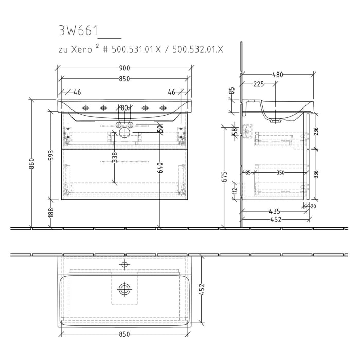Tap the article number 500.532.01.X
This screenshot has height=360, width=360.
click(x=198, y=49)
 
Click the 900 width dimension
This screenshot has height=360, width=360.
click(x=124, y=68)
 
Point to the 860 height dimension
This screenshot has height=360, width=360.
click(x=31, y=164)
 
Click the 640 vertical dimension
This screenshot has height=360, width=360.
click(x=160, y=167)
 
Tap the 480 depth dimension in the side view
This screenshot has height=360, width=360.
click(x=277, y=75)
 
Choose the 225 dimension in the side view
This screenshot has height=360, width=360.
click(x=259, y=84)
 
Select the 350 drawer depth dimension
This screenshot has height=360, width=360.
click(x=280, y=173)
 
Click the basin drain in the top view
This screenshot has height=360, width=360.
click(x=124, y=289)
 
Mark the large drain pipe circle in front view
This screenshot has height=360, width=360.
click(x=124, y=133)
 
